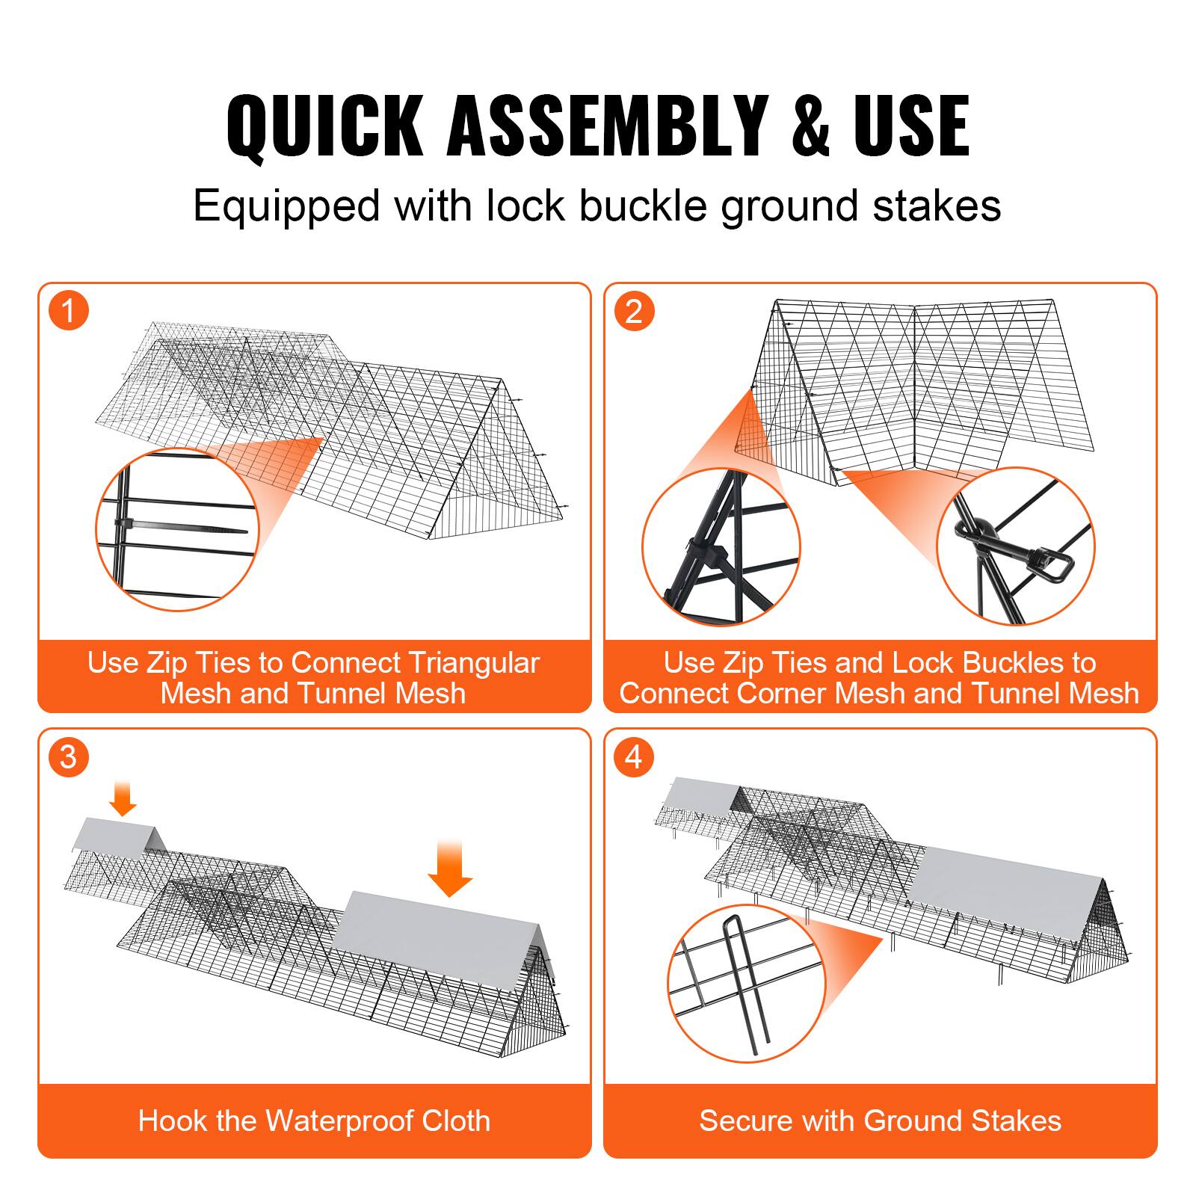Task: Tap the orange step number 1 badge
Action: point(69,311)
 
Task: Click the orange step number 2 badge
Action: point(634,311)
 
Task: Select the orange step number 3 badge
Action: point(69,757)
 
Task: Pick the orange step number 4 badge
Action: point(634,757)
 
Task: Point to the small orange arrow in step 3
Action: point(123,798)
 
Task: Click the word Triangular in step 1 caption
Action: point(474,663)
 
